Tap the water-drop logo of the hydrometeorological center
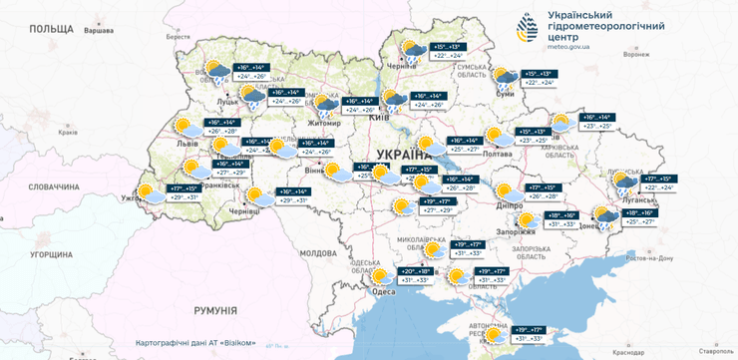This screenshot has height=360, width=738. point(528,29)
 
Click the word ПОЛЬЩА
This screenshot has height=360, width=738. point(52,30)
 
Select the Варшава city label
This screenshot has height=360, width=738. point(98,31)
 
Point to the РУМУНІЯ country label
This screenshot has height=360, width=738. point(209,310)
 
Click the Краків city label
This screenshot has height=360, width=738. point(69,132)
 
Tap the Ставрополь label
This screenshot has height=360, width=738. point(712,351)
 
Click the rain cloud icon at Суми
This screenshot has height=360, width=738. point(507,79)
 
